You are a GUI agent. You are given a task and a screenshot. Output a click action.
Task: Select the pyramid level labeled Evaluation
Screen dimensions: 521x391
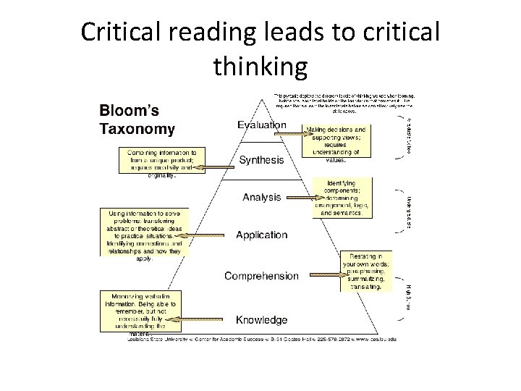point(262,125)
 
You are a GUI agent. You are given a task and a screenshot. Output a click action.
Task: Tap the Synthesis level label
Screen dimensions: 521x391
point(261,160)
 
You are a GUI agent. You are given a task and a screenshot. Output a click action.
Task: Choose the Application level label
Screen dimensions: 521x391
point(261,235)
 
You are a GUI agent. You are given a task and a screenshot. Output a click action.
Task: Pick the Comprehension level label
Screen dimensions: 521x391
point(261,276)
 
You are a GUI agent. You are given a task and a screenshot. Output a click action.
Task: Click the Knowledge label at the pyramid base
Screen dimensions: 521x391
point(261,319)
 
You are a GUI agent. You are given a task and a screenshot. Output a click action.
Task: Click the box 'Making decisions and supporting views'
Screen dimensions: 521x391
point(336,140)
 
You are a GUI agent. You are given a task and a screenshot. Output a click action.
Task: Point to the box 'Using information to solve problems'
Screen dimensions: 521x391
point(144,232)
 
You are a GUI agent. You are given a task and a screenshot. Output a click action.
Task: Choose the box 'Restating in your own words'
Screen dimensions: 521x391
point(366,272)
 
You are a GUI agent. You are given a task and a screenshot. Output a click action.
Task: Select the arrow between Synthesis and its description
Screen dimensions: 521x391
point(219,167)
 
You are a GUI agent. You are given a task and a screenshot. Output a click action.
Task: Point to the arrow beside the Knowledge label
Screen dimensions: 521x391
point(206,319)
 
